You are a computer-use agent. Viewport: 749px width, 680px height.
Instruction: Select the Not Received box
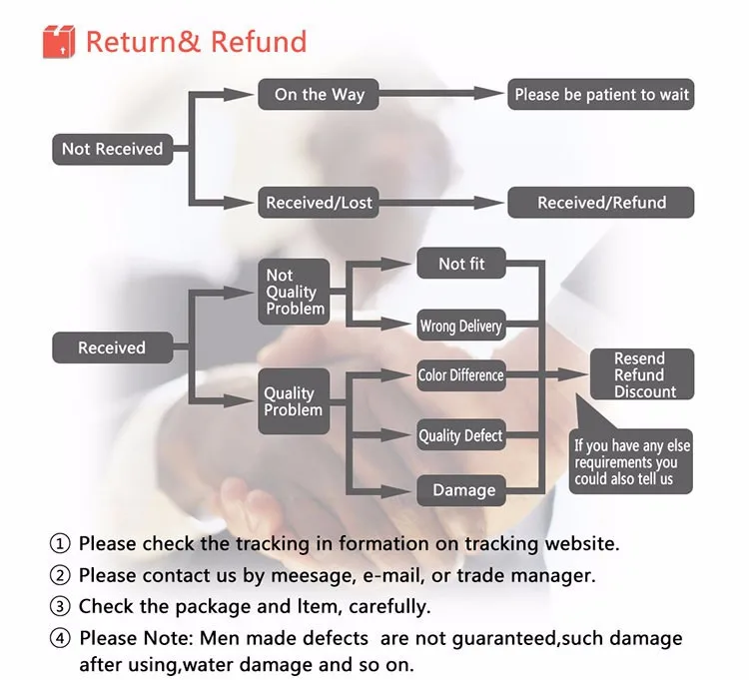click(x=111, y=149)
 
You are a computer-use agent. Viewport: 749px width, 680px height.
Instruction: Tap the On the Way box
click(x=320, y=95)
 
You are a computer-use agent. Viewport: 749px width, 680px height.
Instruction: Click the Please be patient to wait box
click(x=601, y=95)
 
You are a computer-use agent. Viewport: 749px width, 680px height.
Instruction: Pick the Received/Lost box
click(x=319, y=203)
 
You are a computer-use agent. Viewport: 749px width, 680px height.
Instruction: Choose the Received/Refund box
click(x=601, y=203)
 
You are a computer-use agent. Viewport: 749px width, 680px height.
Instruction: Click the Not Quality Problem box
click(x=295, y=292)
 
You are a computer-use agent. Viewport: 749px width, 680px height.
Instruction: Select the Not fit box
click(x=461, y=264)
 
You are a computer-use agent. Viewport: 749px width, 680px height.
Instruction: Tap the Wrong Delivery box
click(x=460, y=326)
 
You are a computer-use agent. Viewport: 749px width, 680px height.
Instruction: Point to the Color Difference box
click(x=460, y=375)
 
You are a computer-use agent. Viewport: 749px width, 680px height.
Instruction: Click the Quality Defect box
click(x=460, y=435)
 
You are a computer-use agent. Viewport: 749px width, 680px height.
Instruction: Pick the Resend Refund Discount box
click(x=639, y=374)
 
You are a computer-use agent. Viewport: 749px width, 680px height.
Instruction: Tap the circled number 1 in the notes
click(x=61, y=544)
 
